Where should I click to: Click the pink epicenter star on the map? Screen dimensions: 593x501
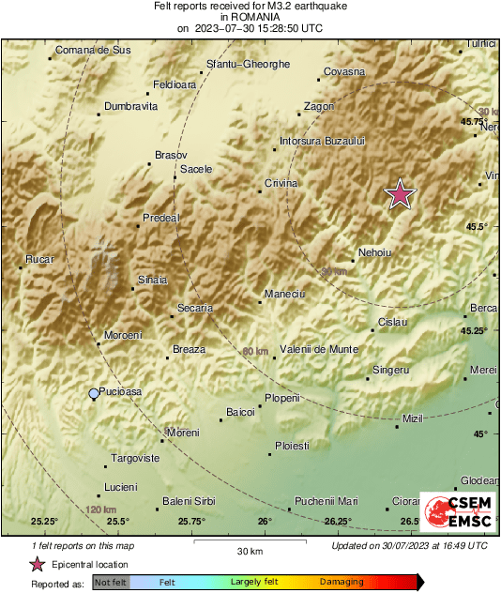(x=401, y=194)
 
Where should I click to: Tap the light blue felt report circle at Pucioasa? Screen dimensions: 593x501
(x=93, y=394)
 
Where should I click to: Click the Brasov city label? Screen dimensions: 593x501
(x=171, y=155)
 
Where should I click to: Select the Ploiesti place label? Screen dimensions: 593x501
(x=291, y=446)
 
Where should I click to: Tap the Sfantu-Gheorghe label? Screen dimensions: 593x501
(x=248, y=65)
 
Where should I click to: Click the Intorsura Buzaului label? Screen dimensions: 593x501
(x=322, y=141)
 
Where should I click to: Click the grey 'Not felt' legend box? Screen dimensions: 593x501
(x=111, y=583)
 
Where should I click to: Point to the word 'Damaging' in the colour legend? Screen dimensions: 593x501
(x=342, y=583)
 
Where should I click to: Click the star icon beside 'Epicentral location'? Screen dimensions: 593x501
(x=37, y=564)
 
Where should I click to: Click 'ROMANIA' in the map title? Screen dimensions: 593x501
(x=250, y=17)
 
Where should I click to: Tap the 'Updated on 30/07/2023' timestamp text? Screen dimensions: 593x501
(x=409, y=545)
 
